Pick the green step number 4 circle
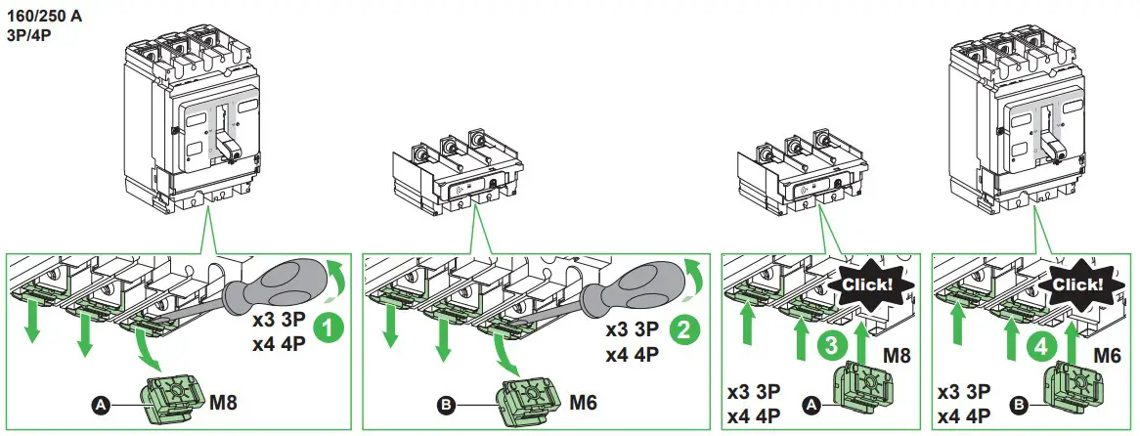point(1043,344)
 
